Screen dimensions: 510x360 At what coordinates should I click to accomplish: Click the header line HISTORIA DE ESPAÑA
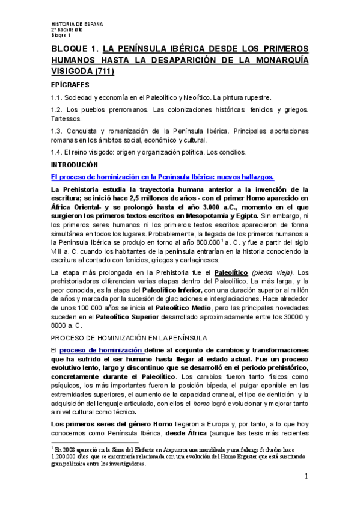coord(77,24)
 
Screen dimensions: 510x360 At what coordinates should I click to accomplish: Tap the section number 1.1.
coord(57,97)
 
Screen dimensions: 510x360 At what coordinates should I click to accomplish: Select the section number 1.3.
coord(58,131)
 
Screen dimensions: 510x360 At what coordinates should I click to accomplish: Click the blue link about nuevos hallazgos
coord(162,177)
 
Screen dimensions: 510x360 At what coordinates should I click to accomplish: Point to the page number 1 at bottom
coord(306,477)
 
